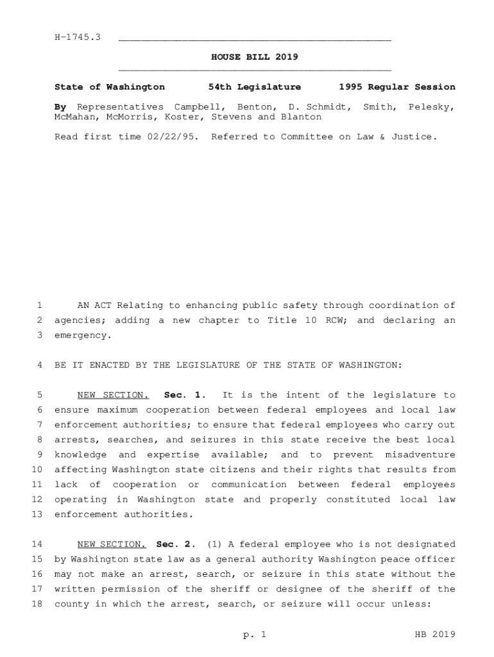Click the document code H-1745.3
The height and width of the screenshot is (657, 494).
coord(78,38)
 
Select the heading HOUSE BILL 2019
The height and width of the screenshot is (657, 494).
coord(255,57)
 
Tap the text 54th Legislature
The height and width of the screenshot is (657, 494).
coord(255,87)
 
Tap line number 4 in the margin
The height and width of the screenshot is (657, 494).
coord(40,365)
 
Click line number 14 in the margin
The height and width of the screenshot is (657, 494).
coord(37,544)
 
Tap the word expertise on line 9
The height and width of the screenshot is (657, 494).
coord(170,455)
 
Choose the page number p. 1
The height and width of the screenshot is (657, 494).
coord(254,635)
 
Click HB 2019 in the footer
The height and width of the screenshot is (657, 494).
coord(434,635)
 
